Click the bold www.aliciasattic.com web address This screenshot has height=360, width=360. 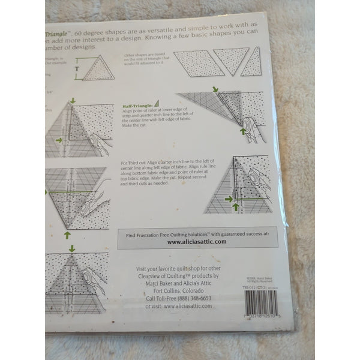pos(196,241)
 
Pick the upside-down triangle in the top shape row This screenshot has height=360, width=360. pos(231,60)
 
